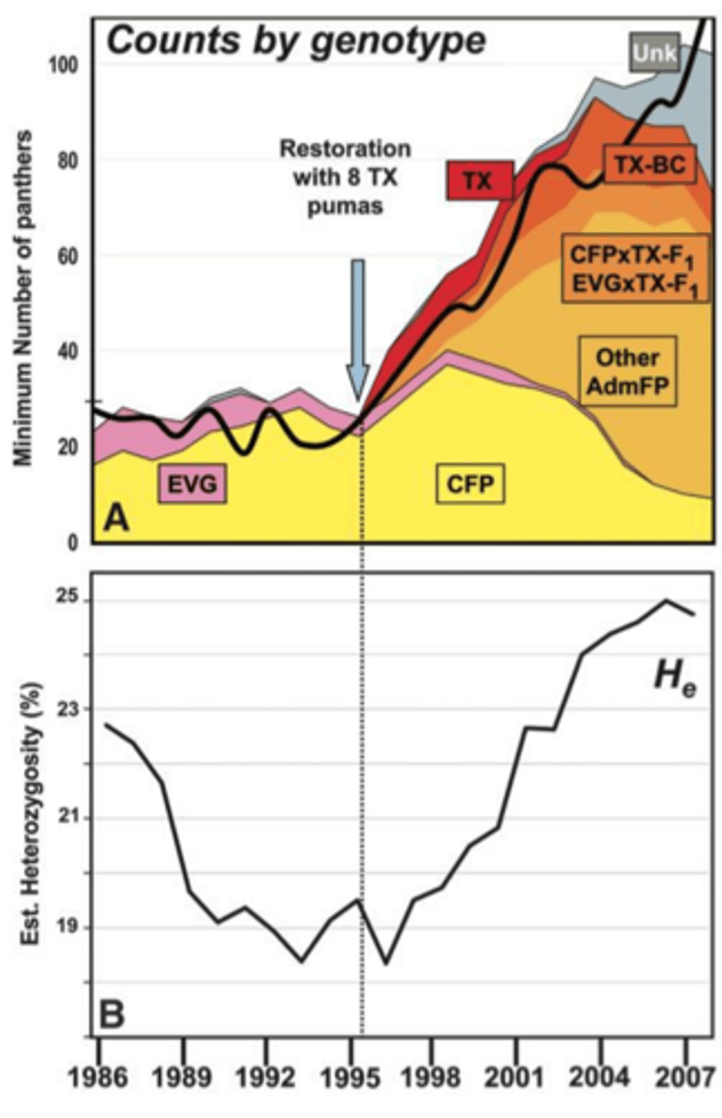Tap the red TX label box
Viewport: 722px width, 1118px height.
(x=481, y=178)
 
